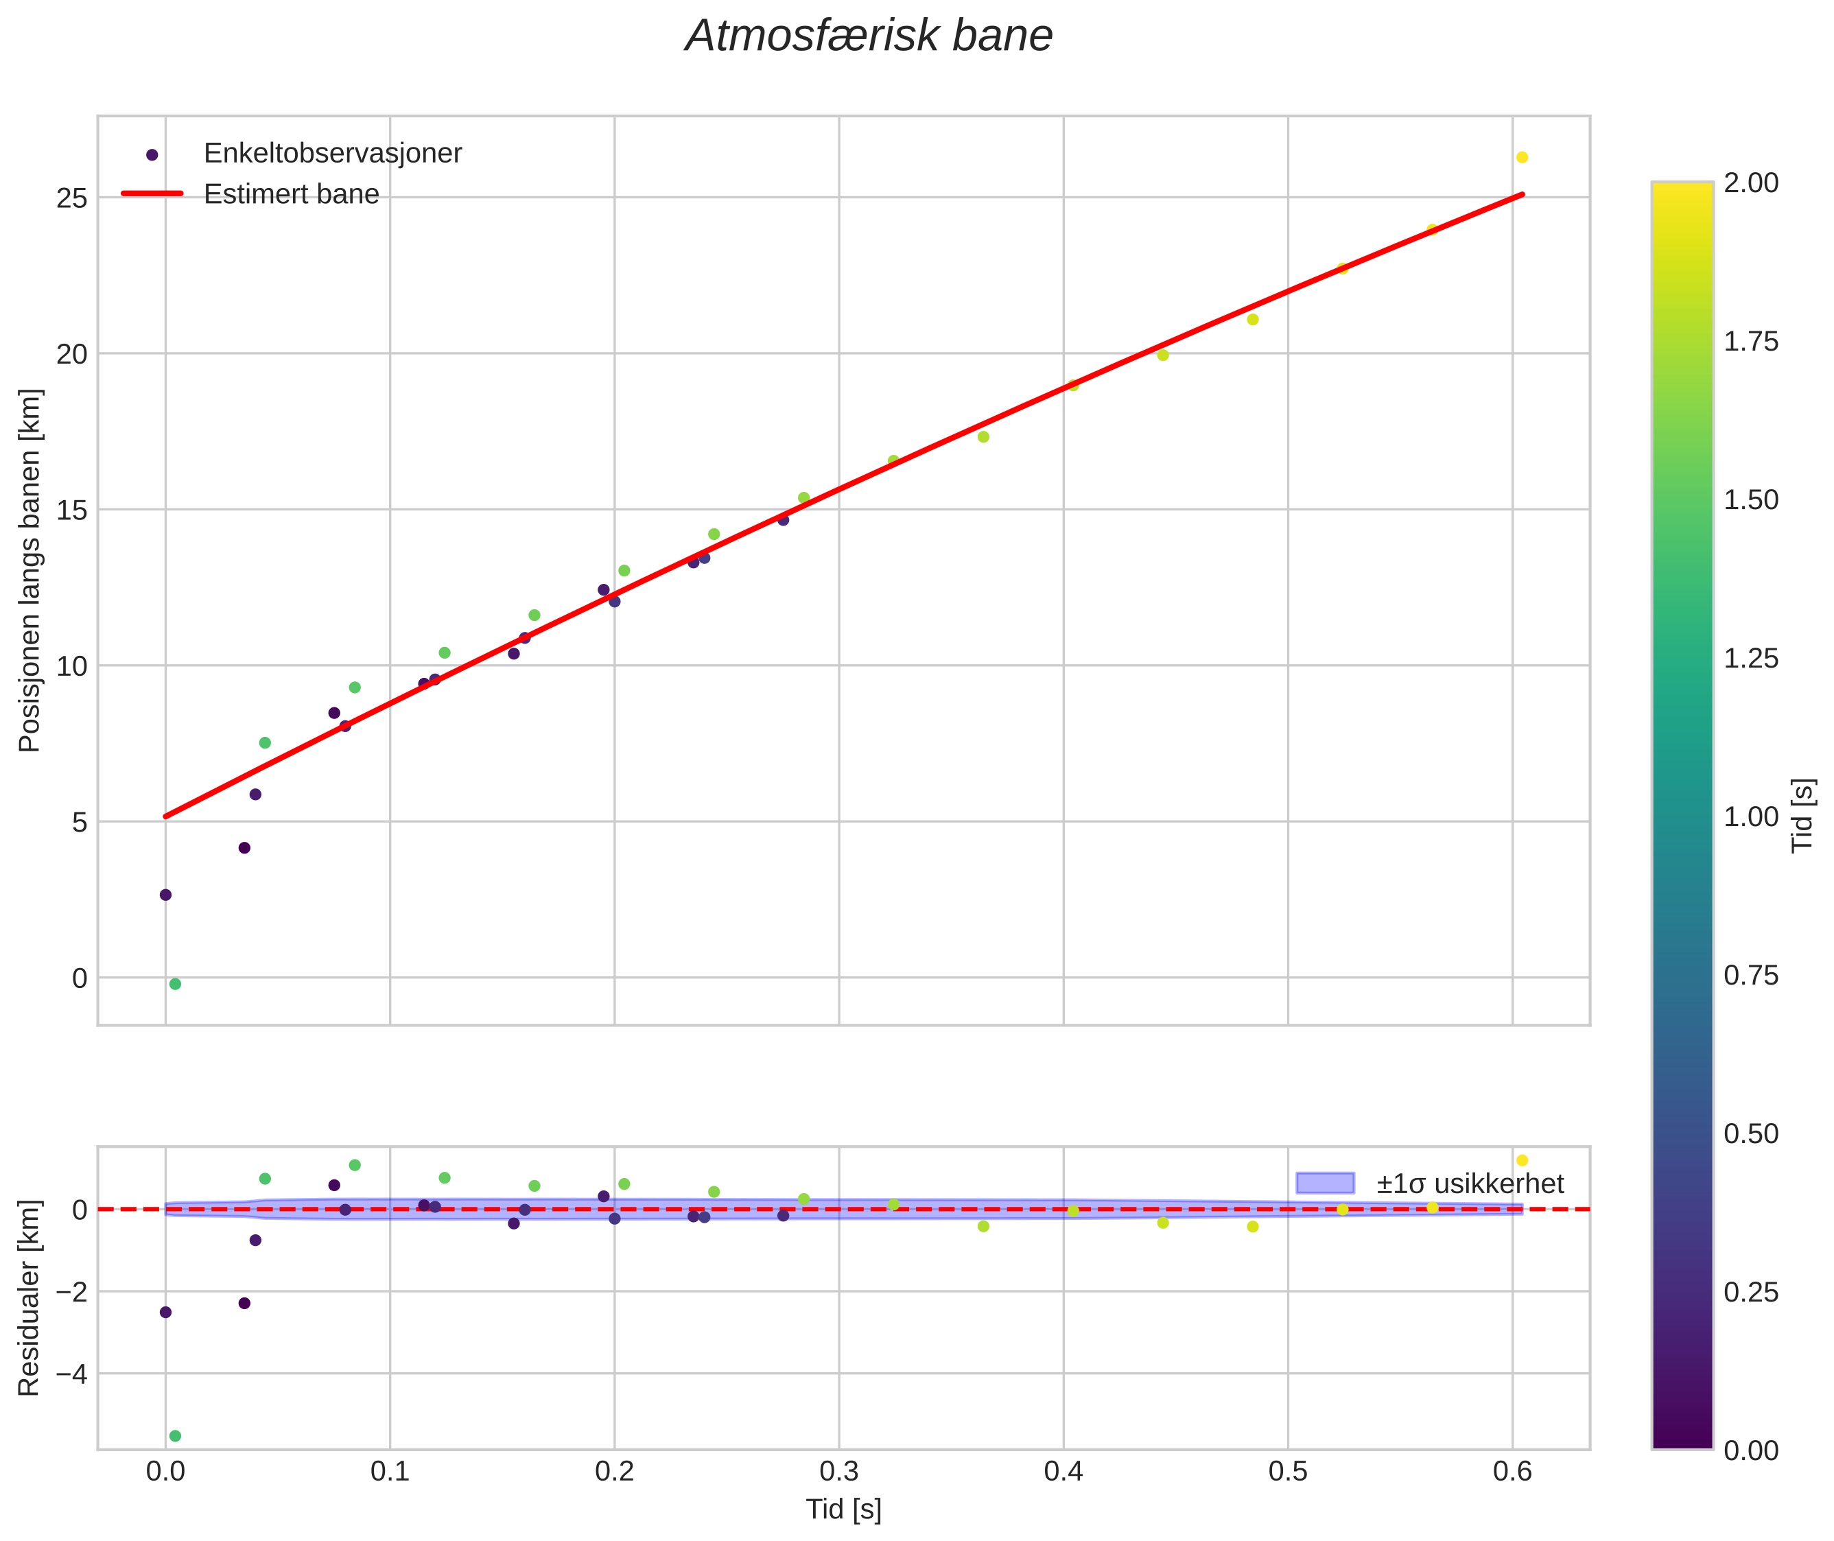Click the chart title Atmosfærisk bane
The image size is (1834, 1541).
point(869,36)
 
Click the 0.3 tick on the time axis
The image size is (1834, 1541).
point(839,1472)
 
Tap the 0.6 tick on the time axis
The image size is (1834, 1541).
point(1512,1472)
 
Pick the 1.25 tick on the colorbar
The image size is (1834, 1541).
point(1751,659)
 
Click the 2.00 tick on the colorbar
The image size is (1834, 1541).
point(1751,183)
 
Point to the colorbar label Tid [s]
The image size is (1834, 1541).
point(1802,815)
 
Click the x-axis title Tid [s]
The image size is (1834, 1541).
point(843,1509)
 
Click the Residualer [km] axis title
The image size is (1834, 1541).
point(30,1298)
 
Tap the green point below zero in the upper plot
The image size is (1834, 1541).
point(175,985)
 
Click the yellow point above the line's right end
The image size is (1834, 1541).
point(1522,157)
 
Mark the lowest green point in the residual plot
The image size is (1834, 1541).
point(175,1435)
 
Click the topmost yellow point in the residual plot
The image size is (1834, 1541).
point(1522,1160)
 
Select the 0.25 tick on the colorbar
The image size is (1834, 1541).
point(1751,1292)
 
